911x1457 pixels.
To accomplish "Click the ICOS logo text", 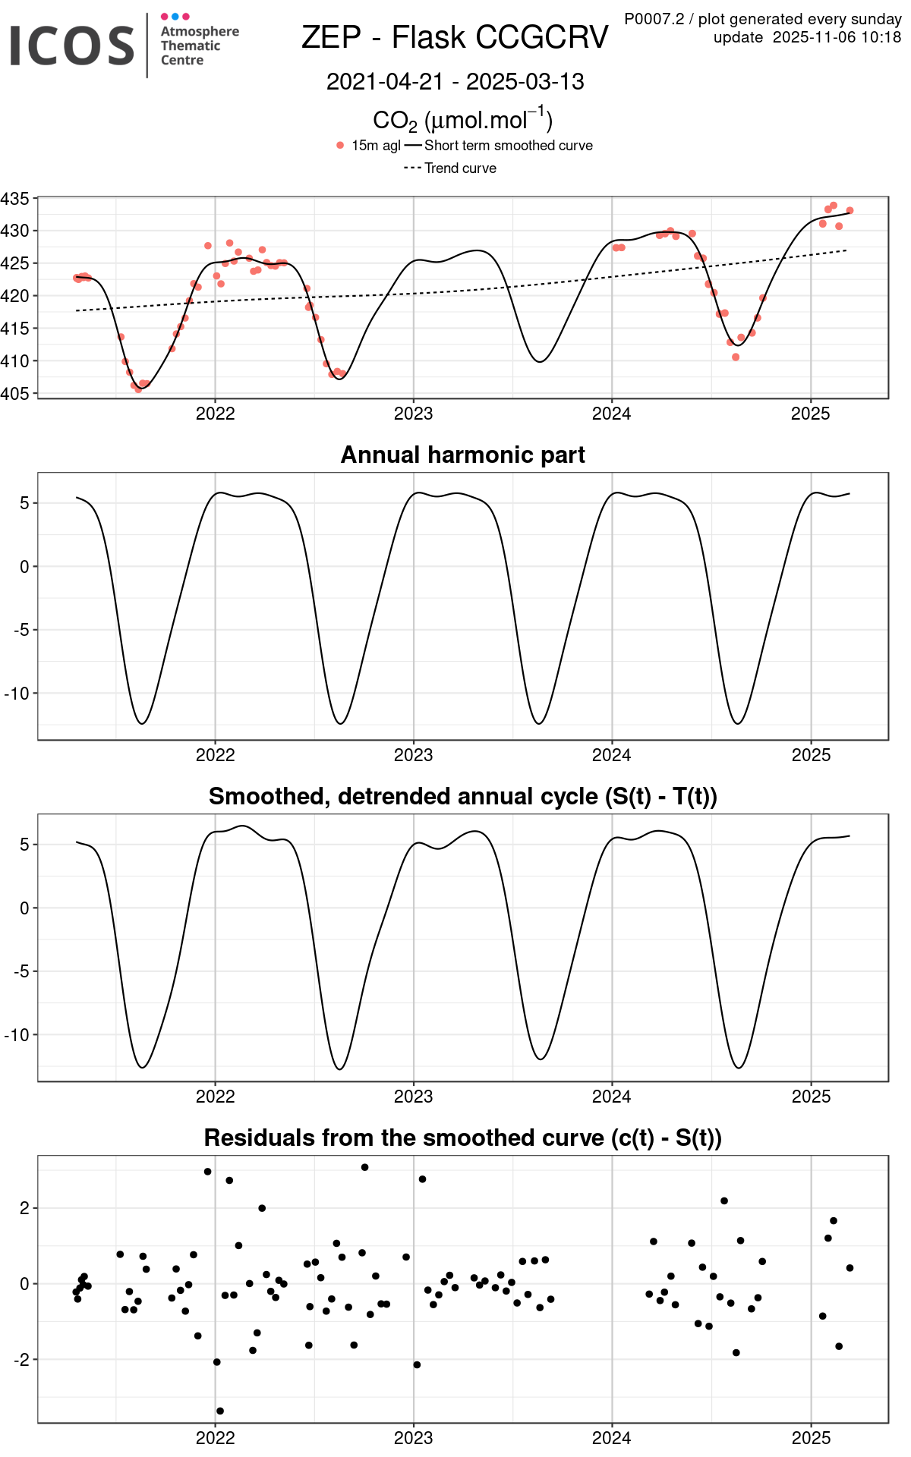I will (x=72, y=46).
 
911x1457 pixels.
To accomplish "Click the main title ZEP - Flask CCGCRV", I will (x=455, y=37).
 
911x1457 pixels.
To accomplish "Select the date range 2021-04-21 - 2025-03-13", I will (x=455, y=82).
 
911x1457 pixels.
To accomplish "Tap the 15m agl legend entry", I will (x=375, y=146).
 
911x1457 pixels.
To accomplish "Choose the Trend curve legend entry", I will (x=460, y=168).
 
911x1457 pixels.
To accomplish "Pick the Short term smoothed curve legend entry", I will (x=508, y=146).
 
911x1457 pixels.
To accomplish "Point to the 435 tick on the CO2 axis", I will (x=15, y=199).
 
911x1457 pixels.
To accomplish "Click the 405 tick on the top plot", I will (x=15, y=393).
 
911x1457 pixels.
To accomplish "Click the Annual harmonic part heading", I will (x=462, y=455).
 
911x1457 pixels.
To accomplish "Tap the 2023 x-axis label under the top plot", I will (x=413, y=414).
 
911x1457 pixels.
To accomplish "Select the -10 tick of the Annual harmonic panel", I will (x=17, y=693).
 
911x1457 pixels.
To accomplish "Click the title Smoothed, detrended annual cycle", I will (x=462, y=796).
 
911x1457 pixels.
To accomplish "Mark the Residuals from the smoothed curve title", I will (x=462, y=1138).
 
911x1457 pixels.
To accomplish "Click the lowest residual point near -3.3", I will (x=220, y=1411).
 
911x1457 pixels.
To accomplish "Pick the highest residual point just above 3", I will (x=365, y=1167).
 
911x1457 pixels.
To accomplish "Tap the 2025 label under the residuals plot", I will (x=811, y=1438).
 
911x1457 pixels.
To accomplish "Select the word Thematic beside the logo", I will (x=190, y=46).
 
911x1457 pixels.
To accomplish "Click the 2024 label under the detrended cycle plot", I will (x=611, y=1097).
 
